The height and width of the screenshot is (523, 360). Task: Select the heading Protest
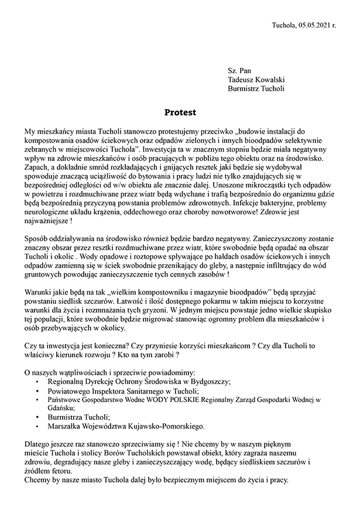[180, 111]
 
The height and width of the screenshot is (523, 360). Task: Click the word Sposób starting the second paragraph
[37, 238]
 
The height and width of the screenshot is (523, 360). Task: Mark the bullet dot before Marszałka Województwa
[38, 426]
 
